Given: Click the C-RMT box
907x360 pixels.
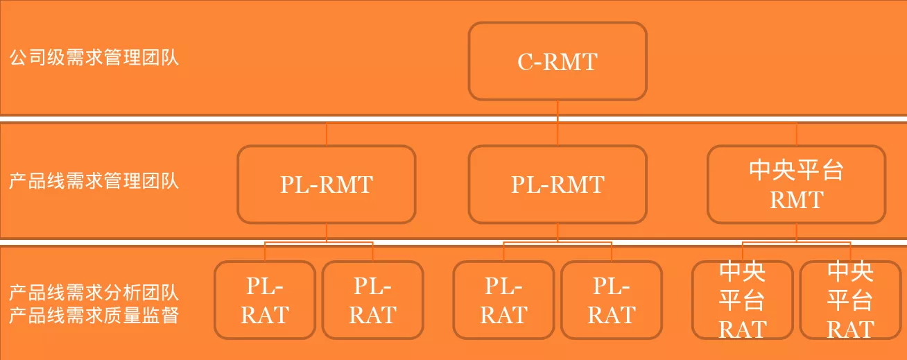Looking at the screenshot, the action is click(558, 61).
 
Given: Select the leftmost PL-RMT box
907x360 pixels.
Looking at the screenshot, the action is click(327, 185).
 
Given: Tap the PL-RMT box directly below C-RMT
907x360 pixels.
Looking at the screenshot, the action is click(558, 185).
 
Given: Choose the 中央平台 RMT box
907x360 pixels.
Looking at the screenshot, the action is click(797, 185).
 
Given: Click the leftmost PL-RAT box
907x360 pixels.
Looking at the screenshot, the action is click(265, 300).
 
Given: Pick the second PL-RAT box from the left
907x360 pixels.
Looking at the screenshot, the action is click(373, 300).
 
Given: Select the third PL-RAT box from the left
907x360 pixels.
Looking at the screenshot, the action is click(503, 300).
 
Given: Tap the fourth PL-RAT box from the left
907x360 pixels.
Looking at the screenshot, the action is click(612, 300).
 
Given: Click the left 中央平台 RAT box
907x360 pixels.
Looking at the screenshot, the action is click(743, 300).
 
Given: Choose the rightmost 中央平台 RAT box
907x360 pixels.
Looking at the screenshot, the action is click(851, 300).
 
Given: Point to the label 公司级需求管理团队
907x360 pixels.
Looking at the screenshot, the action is click(94, 58).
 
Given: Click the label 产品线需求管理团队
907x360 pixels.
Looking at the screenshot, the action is click(94, 180).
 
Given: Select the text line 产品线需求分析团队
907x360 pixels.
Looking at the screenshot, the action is click(94, 293).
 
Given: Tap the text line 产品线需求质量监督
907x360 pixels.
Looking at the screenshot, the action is click(94, 316).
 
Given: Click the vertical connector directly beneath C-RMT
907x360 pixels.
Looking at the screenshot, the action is click(558, 123).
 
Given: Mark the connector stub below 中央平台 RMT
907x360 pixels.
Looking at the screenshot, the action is click(797, 232).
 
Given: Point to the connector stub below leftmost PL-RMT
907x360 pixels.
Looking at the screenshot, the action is click(327, 232).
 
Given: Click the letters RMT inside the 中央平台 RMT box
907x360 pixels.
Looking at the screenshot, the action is click(797, 200).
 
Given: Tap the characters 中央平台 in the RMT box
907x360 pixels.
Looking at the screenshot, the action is click(797, 170).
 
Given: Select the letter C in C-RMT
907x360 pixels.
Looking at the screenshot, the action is click(525, 62).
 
